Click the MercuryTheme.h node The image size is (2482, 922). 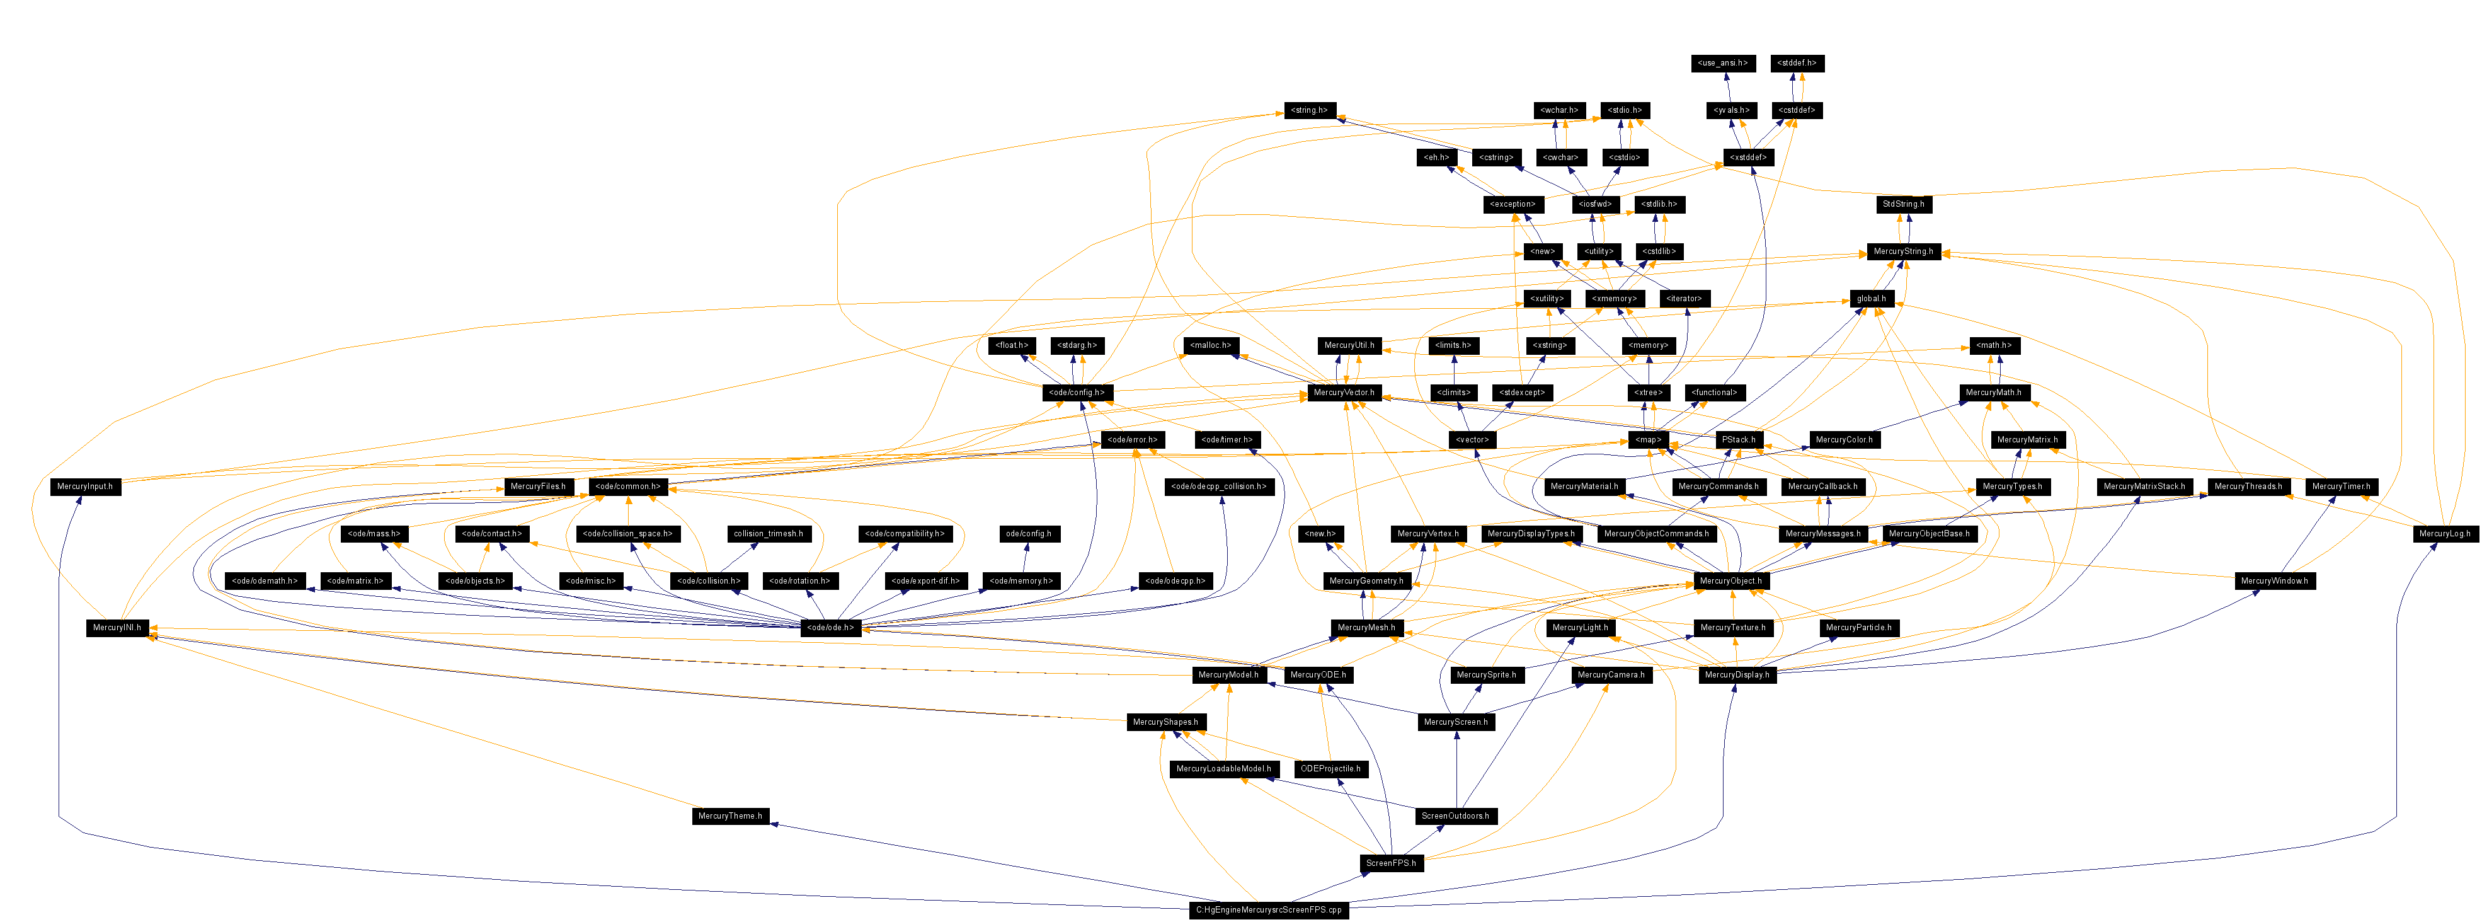point(729,816)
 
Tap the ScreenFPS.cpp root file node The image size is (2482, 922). point(1268,909)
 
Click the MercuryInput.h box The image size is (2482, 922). point(85,487)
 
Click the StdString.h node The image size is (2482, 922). point(1903,204)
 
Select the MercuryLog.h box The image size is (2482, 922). point(2444,534)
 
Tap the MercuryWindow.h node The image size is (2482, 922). point(2274,581)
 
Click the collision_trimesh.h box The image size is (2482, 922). point(768,534)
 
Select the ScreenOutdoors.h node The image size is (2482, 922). point(1455,816)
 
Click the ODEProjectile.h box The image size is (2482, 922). point(1330,769)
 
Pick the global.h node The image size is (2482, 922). point(1871,299)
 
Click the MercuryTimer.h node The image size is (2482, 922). point(2340,487)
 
